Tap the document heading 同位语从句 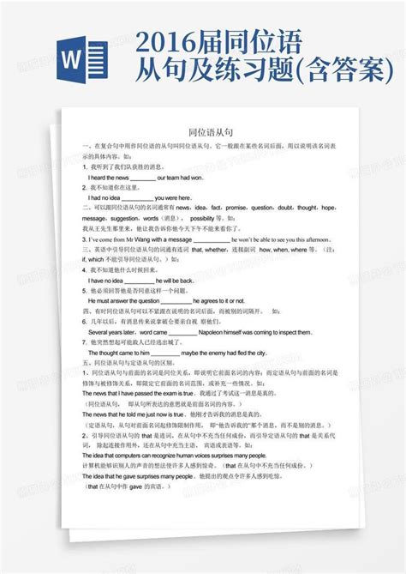(211, 133)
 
